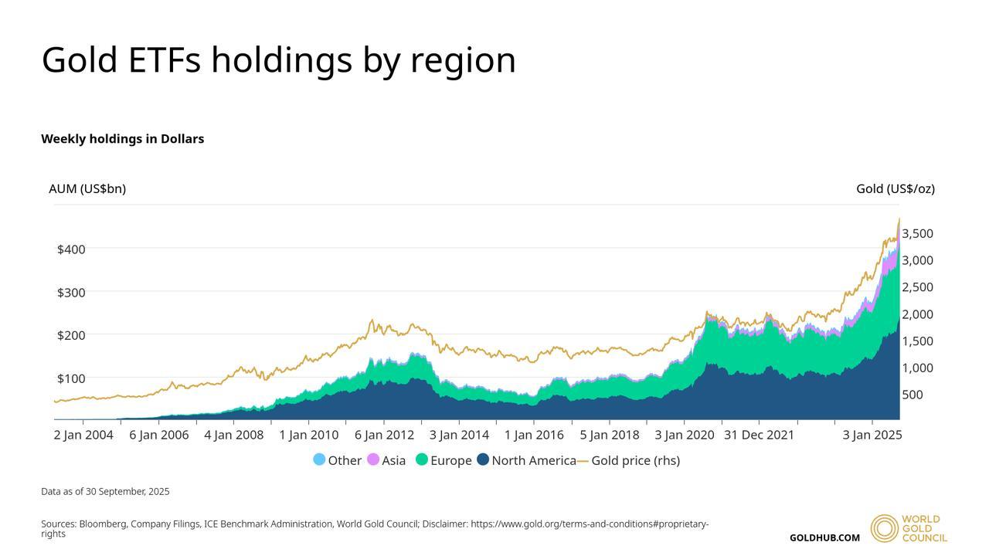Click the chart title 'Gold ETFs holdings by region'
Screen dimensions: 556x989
click(278, 60)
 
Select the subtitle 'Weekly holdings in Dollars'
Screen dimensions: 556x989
click(122, 139)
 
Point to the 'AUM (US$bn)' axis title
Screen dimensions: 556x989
click(87, 188)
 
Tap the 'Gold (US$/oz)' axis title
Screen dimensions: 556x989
click(895, 188)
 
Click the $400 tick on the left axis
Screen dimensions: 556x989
click(71, 249)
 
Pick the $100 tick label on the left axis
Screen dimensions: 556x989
click(71, 378)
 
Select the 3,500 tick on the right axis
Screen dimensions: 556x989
click(917, 233)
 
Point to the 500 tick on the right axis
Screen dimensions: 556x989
click(912, 395)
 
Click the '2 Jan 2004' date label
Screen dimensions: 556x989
click(83, 435)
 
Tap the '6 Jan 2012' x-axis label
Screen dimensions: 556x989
click(384, 435)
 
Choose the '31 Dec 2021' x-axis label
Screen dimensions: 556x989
click(759, 435)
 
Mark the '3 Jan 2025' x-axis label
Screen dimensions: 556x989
click(872, 435)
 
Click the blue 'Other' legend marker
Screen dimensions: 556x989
click(319, 459)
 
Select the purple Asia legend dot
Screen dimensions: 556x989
click(373, 459)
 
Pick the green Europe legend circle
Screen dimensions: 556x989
click(422, 459)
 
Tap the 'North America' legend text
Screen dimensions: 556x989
click(534, 460)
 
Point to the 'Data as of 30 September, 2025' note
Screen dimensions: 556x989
click(105, 491)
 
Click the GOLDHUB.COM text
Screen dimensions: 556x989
click(824, 537)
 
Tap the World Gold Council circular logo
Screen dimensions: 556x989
click(884, 528)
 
